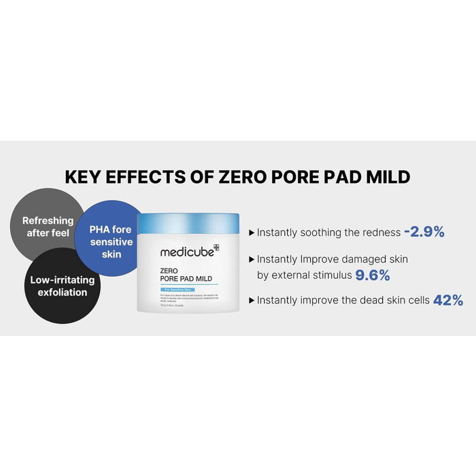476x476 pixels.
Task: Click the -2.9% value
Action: [x=424, y=232]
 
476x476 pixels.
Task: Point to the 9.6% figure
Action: [x=371, y=275]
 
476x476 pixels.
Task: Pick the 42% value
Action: [x=448, y=300]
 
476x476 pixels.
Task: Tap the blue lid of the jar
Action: [x=188, y=222]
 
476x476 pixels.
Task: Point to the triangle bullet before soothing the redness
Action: [x=252, y=233]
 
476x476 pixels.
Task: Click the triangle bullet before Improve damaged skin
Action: [x=252, y=260]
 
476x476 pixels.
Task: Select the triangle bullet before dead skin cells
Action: [x=252, y=300]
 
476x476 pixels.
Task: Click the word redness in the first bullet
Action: [x=381, y=233]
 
